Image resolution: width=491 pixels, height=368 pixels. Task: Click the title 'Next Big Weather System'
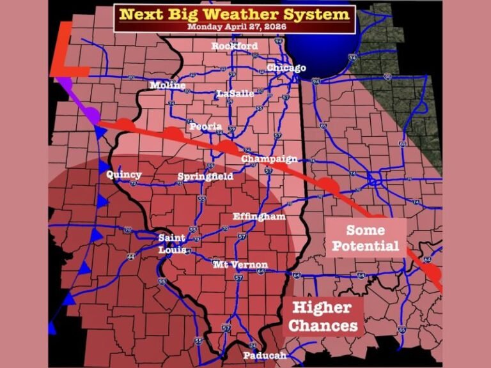(235, 14)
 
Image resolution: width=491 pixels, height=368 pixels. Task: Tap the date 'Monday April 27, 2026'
(235, 27)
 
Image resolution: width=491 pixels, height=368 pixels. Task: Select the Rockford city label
(235, 47)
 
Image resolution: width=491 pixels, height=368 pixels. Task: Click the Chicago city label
(286, 68)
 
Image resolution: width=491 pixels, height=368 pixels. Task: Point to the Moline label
(168, 86)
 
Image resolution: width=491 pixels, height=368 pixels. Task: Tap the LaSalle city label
(235, 93)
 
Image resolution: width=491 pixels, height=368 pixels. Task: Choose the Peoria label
(205, 126)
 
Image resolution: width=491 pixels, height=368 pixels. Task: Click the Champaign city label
(269, 158)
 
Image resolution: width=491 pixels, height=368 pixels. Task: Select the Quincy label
(124, 174)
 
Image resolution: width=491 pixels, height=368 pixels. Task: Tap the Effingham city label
(259, 217)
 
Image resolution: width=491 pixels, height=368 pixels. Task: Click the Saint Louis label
(172, 244)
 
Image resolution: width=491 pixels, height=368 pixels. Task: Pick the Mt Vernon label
(240, 264)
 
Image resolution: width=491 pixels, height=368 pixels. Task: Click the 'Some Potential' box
(366, 238)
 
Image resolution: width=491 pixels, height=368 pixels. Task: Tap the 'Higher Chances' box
(322, 317)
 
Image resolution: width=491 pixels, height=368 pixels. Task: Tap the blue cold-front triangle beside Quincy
(104, 167)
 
